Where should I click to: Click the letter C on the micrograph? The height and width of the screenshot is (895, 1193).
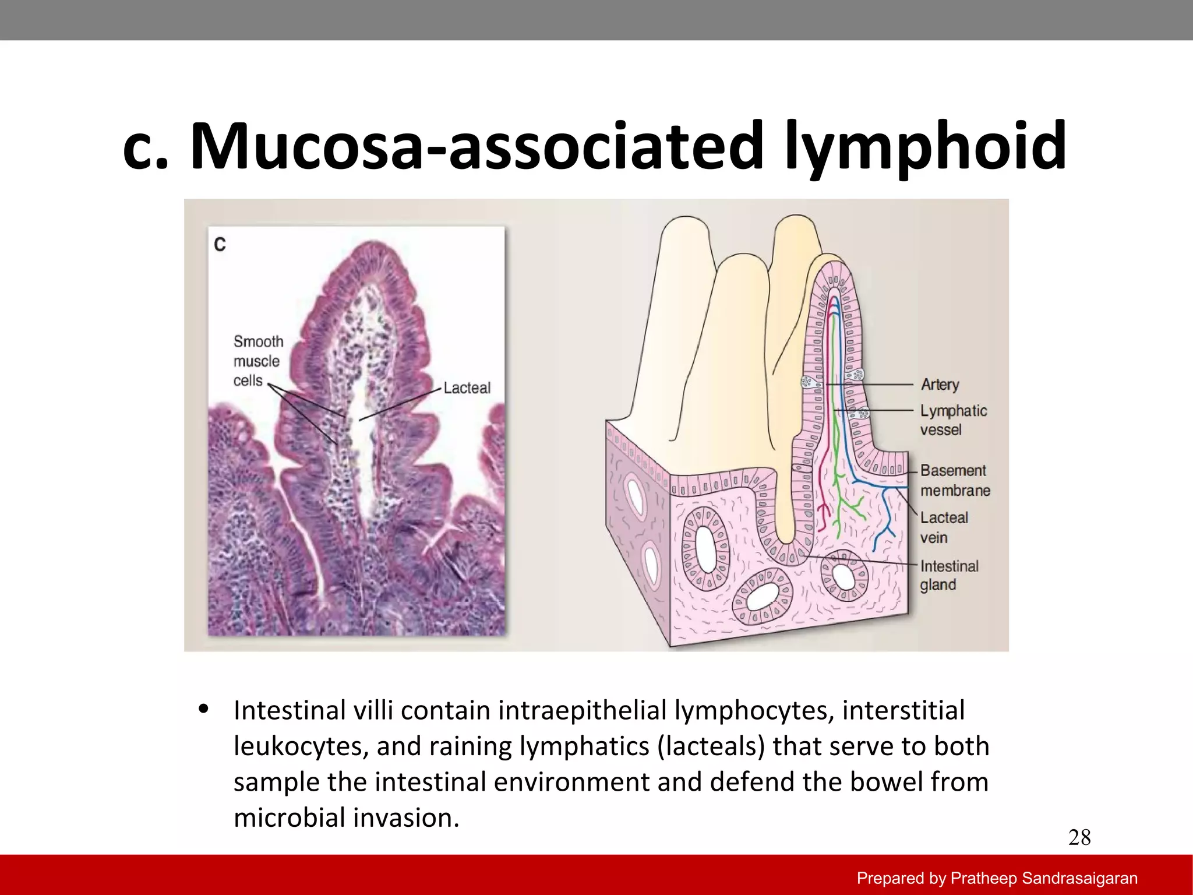(220, 244)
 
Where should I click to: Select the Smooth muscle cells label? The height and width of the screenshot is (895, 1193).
(257, 361)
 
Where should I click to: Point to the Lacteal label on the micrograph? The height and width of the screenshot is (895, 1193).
(467, 388)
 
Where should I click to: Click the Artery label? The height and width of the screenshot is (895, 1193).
(940, 385)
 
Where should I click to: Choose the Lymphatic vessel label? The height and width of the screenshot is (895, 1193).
(953, 420)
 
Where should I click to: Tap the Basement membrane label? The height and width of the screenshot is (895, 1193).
(955, 480)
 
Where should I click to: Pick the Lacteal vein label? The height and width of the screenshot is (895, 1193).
(944, 527)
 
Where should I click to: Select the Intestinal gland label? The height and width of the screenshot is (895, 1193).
(949, 575)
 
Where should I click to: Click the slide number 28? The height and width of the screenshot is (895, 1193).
(1079, 837)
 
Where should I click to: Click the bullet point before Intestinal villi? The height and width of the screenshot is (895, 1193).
(203, 709)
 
